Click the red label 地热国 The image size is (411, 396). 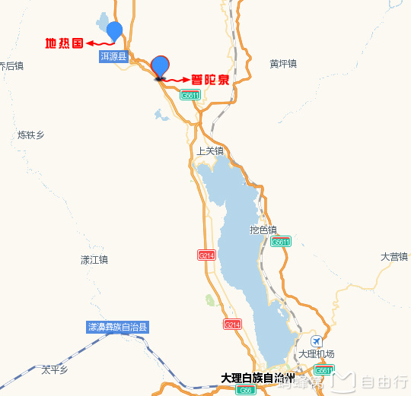64,43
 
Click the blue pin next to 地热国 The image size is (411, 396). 114,30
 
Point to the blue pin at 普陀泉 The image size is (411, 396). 161,66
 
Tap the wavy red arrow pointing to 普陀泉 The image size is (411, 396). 177,79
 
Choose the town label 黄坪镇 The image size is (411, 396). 282,64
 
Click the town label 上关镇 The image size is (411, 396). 210,150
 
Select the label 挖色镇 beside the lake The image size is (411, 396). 263,230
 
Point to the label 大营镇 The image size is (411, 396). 394,257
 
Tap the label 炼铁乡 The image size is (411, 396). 31,135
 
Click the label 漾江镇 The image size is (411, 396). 94,260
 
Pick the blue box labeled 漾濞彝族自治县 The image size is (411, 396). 118,328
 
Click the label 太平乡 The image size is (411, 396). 55,370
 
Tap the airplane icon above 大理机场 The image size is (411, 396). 316,341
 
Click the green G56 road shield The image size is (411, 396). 244,390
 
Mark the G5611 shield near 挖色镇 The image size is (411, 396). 281,242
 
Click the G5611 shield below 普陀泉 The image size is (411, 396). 190,95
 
